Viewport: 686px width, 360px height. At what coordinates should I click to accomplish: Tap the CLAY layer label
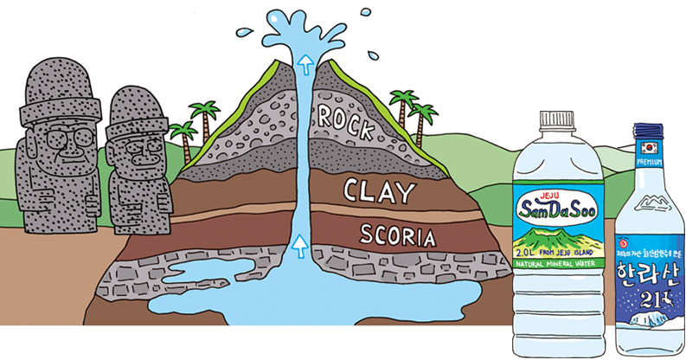(378, 190)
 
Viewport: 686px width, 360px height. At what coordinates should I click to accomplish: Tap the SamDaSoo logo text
(554, 208)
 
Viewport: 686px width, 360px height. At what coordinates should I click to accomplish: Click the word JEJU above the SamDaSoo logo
(554, 192)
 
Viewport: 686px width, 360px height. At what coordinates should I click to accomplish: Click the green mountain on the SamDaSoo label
(554, 232)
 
